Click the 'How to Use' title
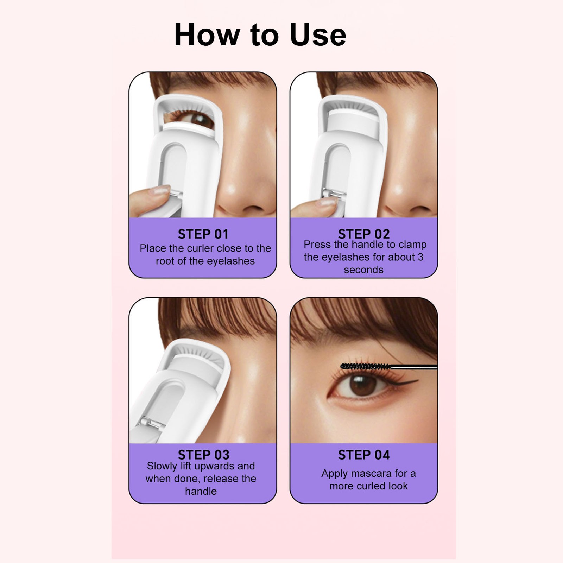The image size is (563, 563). tap(260, 34)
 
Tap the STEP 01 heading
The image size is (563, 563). tap(203, 234)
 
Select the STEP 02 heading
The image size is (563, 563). tap(364, 234)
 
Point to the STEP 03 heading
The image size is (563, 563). tap(203, 455)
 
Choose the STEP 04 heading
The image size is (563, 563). tap(364, 455)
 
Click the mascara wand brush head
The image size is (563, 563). tap(365, 367)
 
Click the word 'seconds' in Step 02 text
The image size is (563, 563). tap(363, 270)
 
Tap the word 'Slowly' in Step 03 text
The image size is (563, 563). tap(162, 466)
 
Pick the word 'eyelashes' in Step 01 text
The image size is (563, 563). tap(230, 261)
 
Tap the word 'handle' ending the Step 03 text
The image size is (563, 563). tap(201, 491)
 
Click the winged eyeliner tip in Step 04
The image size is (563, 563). tap(417, 380)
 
